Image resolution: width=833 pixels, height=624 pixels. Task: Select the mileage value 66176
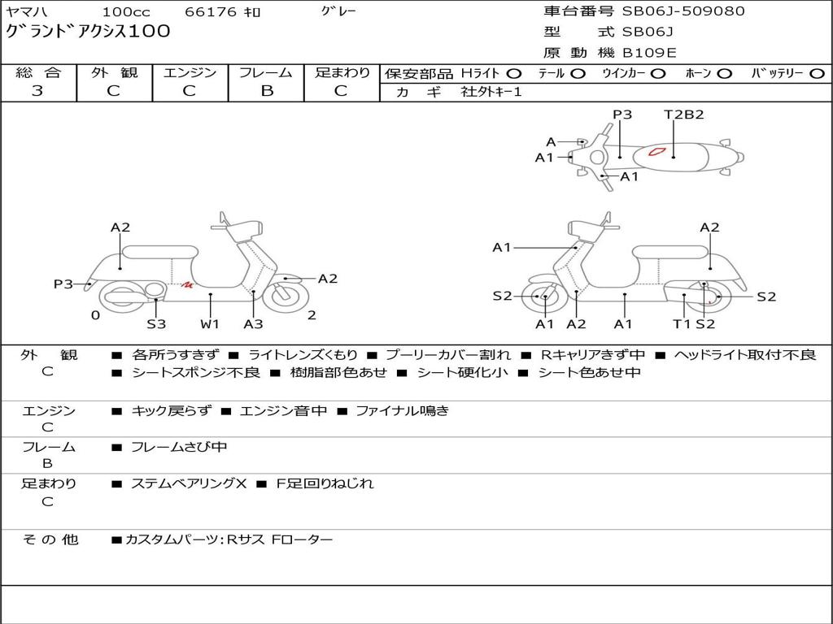coord(210,12)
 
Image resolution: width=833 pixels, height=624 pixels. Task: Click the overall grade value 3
coord(37,91)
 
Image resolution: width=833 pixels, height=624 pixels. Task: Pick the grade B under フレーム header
coord(266,91)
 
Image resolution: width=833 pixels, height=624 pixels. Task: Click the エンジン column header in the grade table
coord(190,73)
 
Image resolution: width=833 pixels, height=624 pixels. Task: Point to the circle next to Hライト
coord(514,73)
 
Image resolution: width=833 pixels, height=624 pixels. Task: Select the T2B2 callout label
coord(683,115)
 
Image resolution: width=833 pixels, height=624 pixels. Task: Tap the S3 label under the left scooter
coord(156,324)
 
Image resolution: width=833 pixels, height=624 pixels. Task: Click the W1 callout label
coord(211,324)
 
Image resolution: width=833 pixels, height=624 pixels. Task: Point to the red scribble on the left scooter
coord(187,284)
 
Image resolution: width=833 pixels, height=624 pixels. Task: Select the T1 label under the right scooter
coord(681,324)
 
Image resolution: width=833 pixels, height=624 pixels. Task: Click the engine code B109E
coord(648,53)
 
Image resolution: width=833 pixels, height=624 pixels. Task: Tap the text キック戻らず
coord(171,411)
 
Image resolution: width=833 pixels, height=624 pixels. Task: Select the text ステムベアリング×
coord(189,483)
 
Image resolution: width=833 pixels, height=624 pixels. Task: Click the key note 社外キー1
coord(491,92)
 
